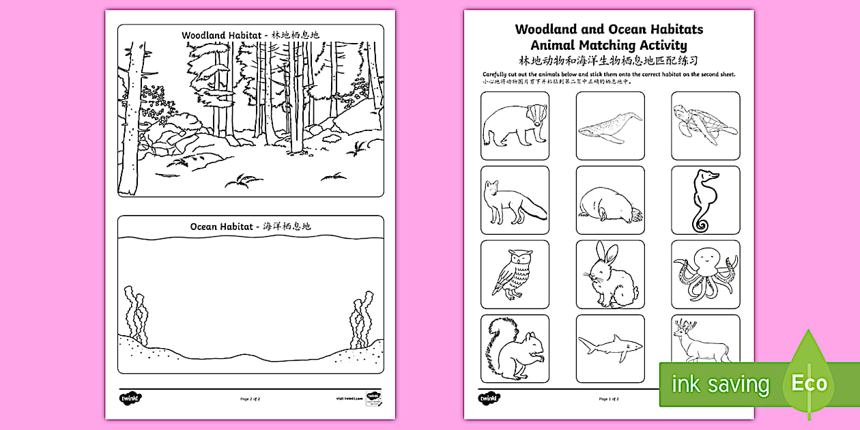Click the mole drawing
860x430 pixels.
coord(610,202)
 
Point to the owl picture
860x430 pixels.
coord(515,274)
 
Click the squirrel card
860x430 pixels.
coord(515,348)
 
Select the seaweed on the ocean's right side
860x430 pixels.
coord(362,319)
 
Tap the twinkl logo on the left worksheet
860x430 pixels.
coord(124,397)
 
